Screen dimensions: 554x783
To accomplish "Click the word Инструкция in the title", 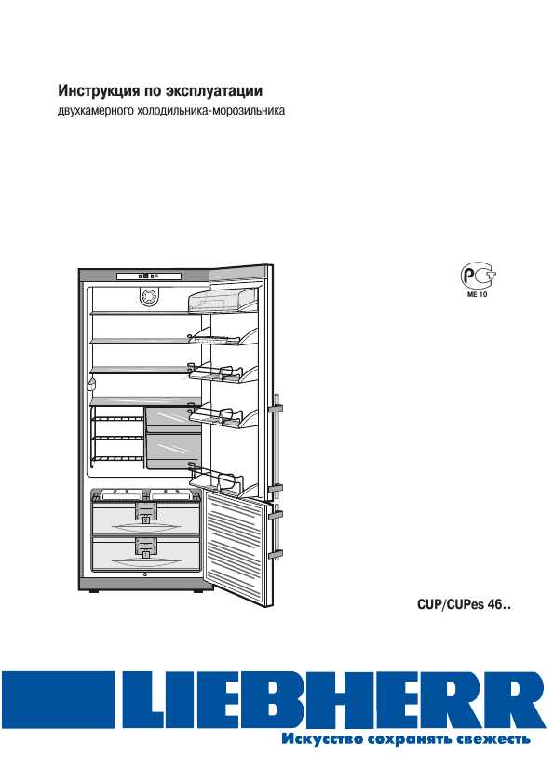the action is click(99, 91).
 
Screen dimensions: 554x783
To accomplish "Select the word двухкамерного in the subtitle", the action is click(95, 111).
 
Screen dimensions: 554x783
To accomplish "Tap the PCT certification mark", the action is click(478, 276).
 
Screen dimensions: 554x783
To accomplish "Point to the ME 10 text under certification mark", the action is click(477, 294).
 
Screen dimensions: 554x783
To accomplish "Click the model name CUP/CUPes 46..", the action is click(464, 605).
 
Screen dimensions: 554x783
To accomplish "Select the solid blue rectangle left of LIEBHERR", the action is click(58, 699).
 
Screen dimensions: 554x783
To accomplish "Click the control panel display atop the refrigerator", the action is click(149, 277).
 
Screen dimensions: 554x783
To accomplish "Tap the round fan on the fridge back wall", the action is click(148, 298).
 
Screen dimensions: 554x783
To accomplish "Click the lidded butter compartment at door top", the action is click(223, 300).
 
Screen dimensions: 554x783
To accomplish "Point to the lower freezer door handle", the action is click(276, 533).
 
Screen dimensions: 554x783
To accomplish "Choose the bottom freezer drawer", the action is click(146, 553).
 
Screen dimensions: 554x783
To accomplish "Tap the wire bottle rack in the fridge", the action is click(117, 438).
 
